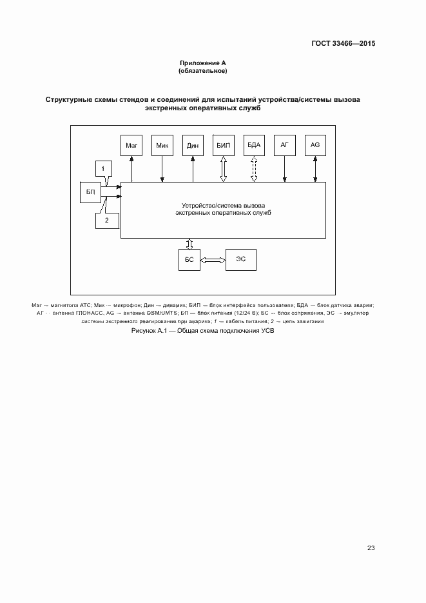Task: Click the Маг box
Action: tap(131, 146)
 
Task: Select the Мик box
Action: tap(162, 146)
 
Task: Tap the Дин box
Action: tap(193, 146)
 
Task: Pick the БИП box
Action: tap(224, 146)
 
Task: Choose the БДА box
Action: tap(254, 146)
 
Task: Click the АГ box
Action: tap(284, 146)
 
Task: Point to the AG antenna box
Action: tap(315, 146)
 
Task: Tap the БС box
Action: tap(189, 260)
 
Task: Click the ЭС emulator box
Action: tap(240, 260)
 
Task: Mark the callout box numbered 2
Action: tap(107, 220)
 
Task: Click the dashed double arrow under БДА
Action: tap(254, 169)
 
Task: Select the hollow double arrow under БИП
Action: tap(224, 169)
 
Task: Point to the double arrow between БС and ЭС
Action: tap(213, 260)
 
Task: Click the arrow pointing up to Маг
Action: tap(131, 169)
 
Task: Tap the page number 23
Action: tap(371, 548)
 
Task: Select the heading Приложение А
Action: tap(202, 63)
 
